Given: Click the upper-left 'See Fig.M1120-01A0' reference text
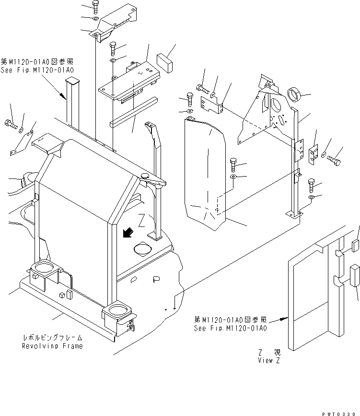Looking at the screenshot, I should (x=38, y=69).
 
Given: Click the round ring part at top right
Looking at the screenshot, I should (x=293, y=94).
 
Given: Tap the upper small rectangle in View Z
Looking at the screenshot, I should (x=356, y=246).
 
